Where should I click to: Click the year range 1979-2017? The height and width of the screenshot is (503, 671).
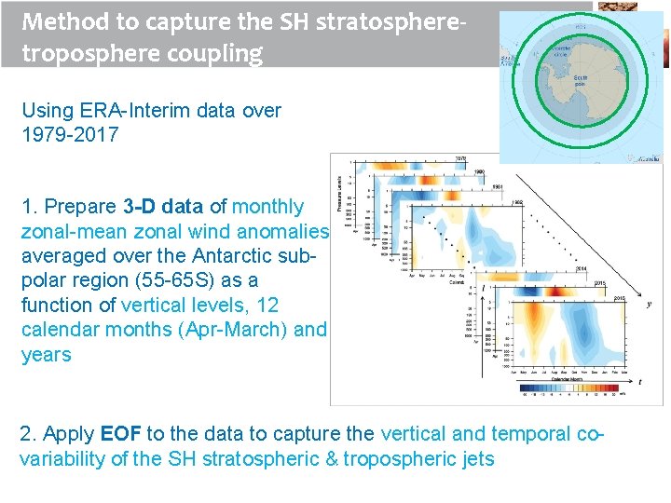[70, 134]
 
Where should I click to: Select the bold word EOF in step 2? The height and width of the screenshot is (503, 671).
[120, 433]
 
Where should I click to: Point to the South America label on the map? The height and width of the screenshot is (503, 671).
[508, 60]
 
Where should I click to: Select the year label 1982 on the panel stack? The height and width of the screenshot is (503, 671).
[518, 202]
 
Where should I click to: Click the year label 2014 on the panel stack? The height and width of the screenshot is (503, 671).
[581, 268]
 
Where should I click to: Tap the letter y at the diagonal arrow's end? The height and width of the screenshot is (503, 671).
[649, 303]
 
